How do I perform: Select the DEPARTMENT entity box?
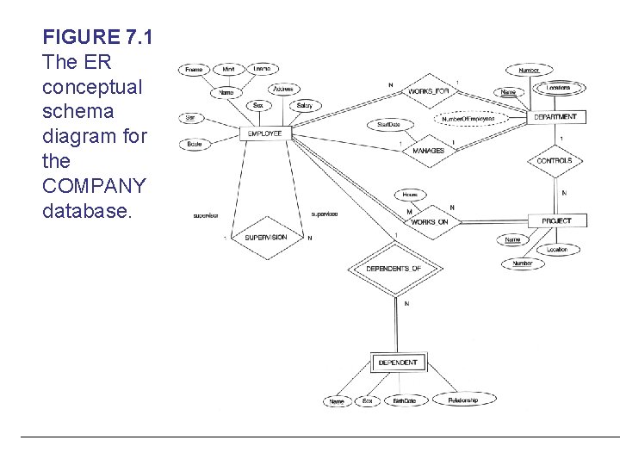click(555, 116)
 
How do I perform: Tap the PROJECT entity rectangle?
click(556, 221)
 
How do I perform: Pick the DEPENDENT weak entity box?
click(397, 363)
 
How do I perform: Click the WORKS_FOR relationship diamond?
click(428, 90)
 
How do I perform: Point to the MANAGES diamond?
click(428, 151)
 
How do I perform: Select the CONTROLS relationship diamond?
click(555, 161)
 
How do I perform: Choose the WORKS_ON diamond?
click(430, 222)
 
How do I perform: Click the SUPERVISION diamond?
click(265, 237)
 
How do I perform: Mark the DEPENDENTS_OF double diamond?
click(394, 269)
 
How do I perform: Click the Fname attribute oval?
click(193, 69)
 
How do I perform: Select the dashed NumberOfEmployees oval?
click(468, 119)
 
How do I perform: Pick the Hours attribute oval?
click(410, 195)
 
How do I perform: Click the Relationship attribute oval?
click(461, 400)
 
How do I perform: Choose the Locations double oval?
click(558, 88)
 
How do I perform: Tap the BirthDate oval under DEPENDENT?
click(404, 401)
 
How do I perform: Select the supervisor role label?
click(206, 214)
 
